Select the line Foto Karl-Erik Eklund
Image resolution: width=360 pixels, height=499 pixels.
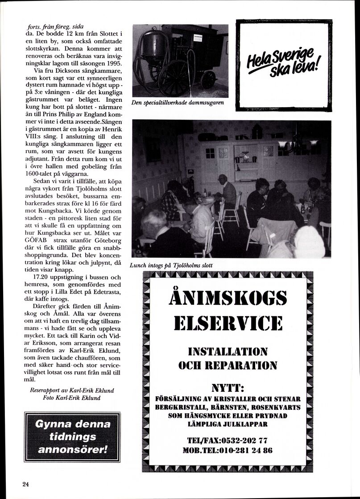(71, 397)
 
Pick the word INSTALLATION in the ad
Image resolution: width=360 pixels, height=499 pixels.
(228, 351)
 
